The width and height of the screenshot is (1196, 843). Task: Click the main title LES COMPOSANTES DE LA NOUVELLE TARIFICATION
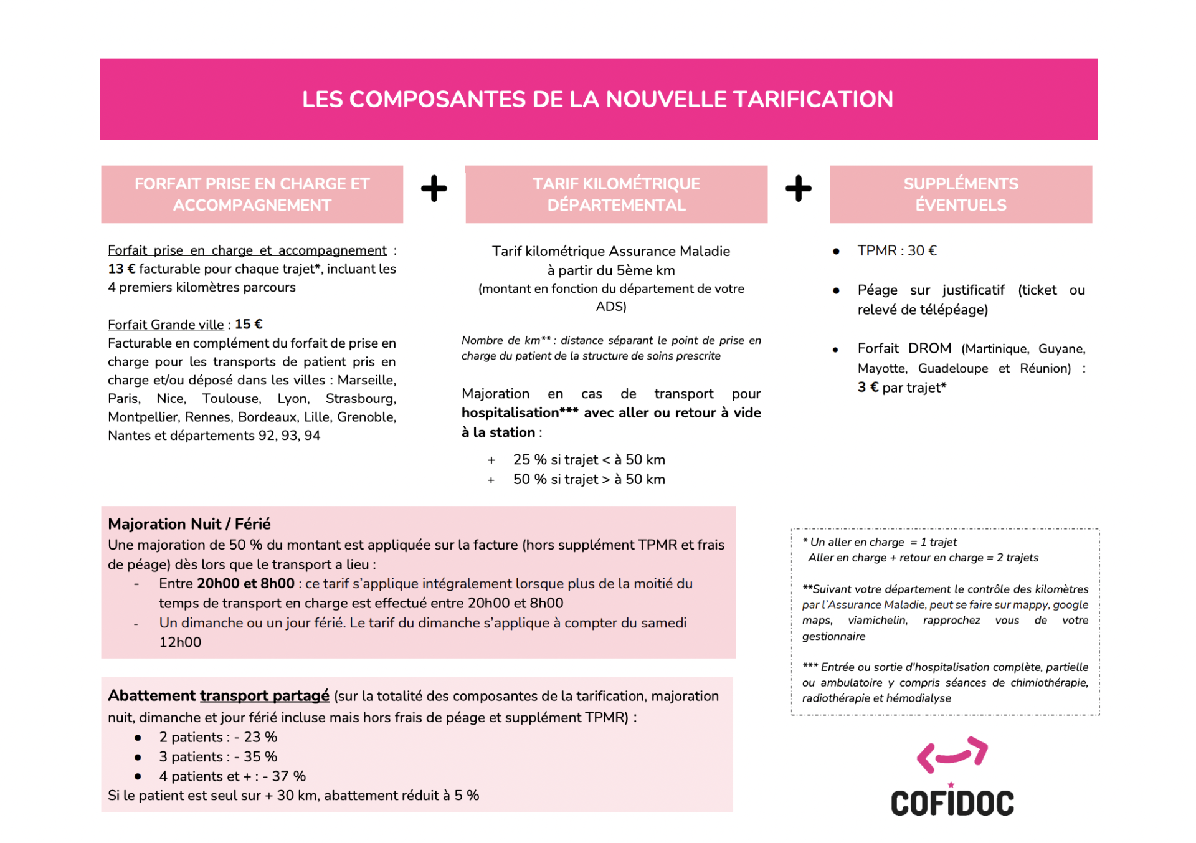point(597,99)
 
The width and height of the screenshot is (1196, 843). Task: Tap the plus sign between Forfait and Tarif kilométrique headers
point(434,188)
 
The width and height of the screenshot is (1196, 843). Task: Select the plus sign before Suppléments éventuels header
point(798,188)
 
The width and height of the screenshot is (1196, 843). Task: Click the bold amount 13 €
point(121,269)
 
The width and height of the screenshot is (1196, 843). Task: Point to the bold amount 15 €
point(249,325)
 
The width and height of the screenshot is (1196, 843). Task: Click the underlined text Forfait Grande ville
point(166,325)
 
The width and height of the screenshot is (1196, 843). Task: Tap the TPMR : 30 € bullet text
point(896,250)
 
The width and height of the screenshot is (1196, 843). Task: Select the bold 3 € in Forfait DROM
point(868,388)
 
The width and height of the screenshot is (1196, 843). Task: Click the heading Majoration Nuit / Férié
point(189,524)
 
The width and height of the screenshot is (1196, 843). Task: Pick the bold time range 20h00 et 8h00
point(245,584)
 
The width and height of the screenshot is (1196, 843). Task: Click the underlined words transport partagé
point(264,696)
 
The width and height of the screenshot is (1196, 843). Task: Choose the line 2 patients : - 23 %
point(217,737)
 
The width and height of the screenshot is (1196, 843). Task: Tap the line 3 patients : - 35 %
point(217,757)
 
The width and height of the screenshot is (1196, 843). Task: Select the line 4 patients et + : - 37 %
point(232,776)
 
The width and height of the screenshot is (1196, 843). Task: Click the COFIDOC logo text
point(952,803)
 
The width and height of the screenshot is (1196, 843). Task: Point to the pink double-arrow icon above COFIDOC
point(952,755)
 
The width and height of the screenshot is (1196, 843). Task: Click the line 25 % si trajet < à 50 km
point(589,460)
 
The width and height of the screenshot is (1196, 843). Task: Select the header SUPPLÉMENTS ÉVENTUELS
point(961,194)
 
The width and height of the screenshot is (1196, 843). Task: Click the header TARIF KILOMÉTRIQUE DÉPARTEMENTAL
point(616,194)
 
